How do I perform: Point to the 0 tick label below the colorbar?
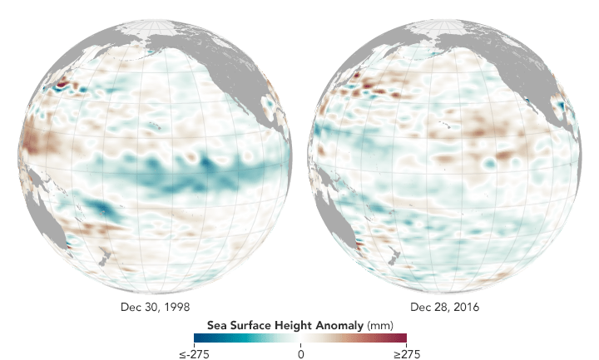300,353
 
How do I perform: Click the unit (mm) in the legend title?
379,323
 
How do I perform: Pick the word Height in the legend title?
293,323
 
